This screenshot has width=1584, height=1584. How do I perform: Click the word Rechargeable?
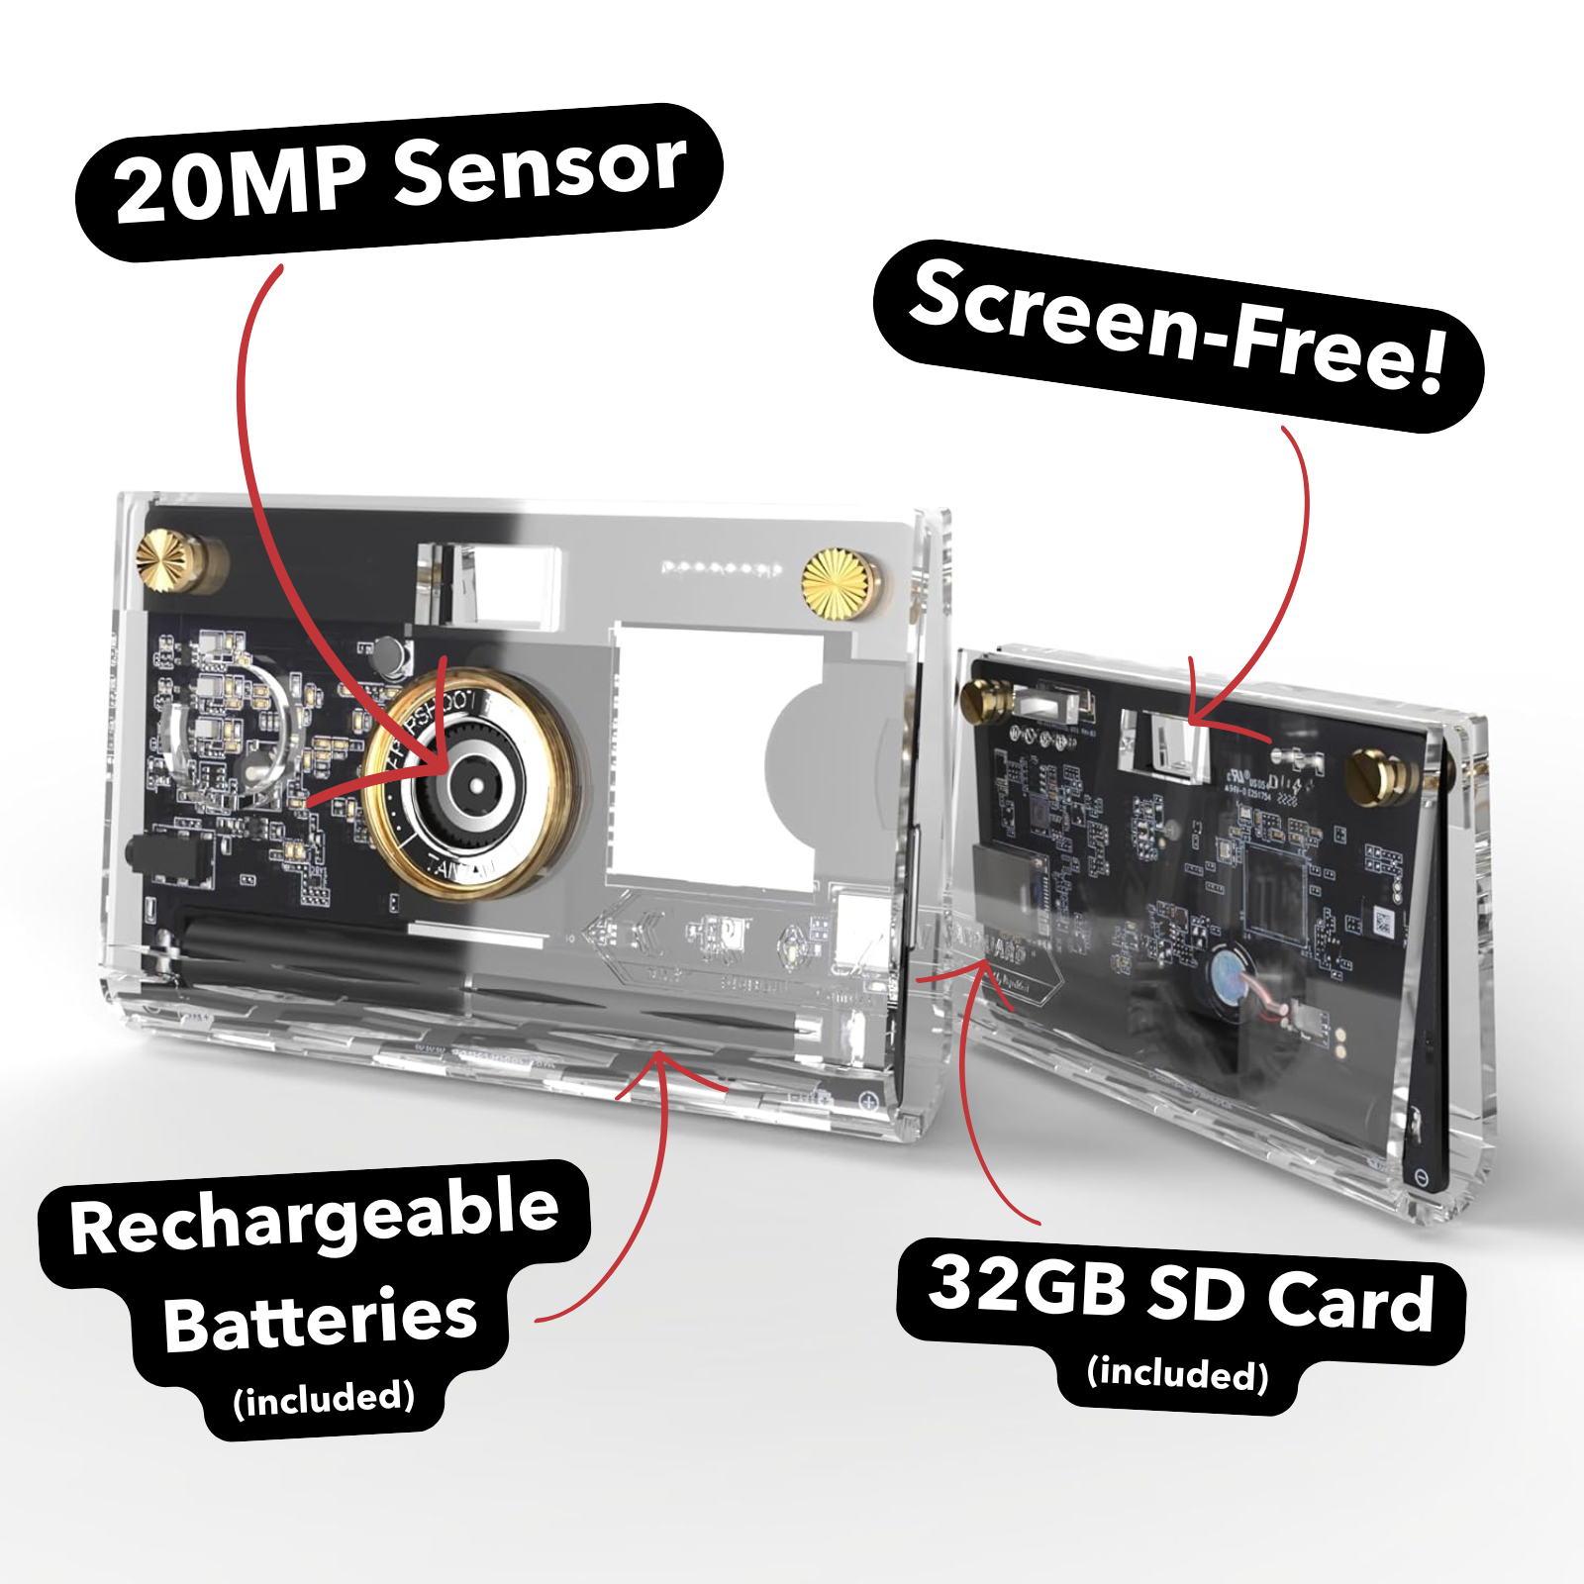[x=315, y=1216]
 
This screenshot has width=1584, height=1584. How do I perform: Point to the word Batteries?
[x=320, y=1321]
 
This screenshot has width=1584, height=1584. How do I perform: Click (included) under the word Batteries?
[x=324, y=1398]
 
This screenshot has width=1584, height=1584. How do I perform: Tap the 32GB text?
[x=1027, y=1284]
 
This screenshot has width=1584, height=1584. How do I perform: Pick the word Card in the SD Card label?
[x=1350, y=1301]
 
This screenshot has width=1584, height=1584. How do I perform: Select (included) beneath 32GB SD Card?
[x=1177, y=1373]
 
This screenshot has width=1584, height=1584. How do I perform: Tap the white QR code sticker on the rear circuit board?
[x=1382, y=925]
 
